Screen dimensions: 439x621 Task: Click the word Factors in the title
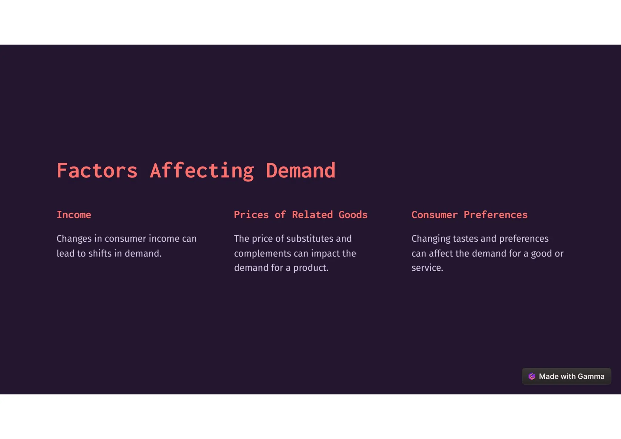(97, 171)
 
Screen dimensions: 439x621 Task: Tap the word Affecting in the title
(202, 171)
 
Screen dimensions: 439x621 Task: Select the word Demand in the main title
(300, 171)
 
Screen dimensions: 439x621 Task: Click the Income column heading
(74, 215)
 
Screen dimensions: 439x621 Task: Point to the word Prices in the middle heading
(251, 215)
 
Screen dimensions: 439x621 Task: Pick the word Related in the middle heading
(312, 215)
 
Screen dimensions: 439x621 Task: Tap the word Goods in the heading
(353, 215)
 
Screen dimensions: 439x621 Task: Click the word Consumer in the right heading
(435, 215)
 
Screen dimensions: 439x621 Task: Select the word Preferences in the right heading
(495, 215)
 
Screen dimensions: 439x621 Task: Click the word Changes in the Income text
(74, 239)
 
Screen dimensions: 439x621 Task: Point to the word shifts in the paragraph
(100, 253)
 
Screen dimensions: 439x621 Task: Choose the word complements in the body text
(263, 253)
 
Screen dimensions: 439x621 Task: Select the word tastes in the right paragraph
(465, 239)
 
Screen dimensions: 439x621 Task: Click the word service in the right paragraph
(427, 268)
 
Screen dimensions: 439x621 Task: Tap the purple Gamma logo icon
(532, 377)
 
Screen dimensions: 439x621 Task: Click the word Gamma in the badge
(591, 377)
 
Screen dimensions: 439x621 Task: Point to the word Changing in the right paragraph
(431, 239)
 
